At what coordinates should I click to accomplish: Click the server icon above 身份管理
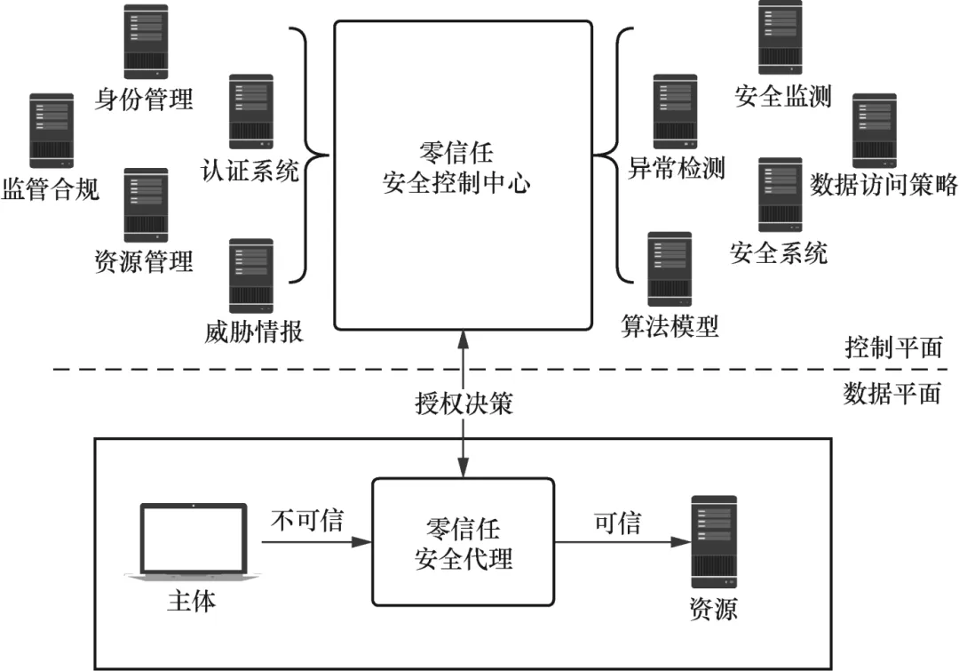[x=145, y=42]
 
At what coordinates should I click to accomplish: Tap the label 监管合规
[x=51, y=188]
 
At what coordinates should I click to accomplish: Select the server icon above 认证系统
[x=251, y=111]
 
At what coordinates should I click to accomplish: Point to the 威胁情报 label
[x=253, y=332]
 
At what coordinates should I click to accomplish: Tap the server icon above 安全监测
[x=780, y=37]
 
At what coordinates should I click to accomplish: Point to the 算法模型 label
[x=670, y=326]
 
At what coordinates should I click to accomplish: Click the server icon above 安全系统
[x=780, y=196]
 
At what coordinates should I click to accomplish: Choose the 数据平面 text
[x=891, y=393]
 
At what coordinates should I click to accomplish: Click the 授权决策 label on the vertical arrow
[x=463, y=403]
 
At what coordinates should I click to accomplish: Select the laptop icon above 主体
[x=193, y=543]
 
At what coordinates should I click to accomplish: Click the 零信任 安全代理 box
[x=464, y=540]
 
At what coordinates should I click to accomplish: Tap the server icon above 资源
[x=714, y=543]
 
